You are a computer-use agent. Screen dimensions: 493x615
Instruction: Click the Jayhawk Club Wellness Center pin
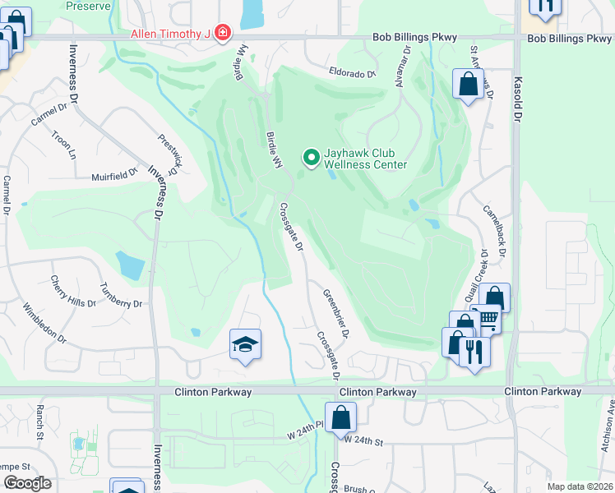point(312,156)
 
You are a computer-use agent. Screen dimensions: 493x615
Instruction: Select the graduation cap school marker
point(245,345)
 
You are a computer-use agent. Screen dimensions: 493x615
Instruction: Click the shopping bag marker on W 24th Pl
point(340,417)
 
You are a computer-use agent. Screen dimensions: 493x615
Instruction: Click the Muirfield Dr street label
point(113,175)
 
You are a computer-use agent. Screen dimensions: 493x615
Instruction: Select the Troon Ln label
point(63,145)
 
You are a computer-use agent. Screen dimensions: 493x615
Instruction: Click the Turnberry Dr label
point(120,293)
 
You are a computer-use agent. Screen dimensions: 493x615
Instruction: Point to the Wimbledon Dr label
point(44,322)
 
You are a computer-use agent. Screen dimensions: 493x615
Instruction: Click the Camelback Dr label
point(497,227)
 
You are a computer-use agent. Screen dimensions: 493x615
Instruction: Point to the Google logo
point(26,482)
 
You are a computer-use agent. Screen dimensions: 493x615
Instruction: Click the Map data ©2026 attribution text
point(578,486)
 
